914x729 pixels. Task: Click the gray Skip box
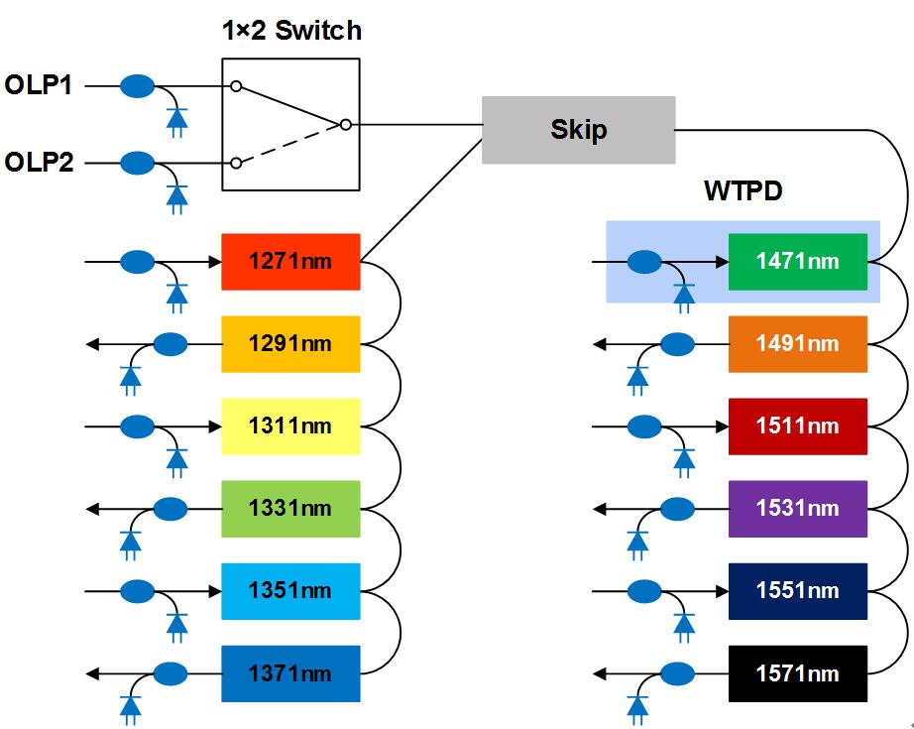point(578,130)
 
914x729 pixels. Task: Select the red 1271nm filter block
point(290,262)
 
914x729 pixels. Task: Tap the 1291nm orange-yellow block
point(290,344)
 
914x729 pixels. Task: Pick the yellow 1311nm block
point(290,426)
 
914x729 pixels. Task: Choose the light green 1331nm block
point(290,509)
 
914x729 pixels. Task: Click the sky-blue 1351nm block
point(290,591)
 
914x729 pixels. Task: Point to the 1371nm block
point(290,673)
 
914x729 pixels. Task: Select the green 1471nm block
point(797,262)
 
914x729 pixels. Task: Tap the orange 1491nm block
point(797,344)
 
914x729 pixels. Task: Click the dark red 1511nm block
point(797,426)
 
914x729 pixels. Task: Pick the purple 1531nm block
point(797,509)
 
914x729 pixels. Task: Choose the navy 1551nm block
point(797,591)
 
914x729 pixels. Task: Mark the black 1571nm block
point(797,673)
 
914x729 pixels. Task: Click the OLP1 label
point(38,86)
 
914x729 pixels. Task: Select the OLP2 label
point(38,162)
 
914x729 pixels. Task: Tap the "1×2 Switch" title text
point(290,31)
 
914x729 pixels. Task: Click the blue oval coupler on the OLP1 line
point(138,87)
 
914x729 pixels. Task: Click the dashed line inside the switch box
point(287,145)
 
